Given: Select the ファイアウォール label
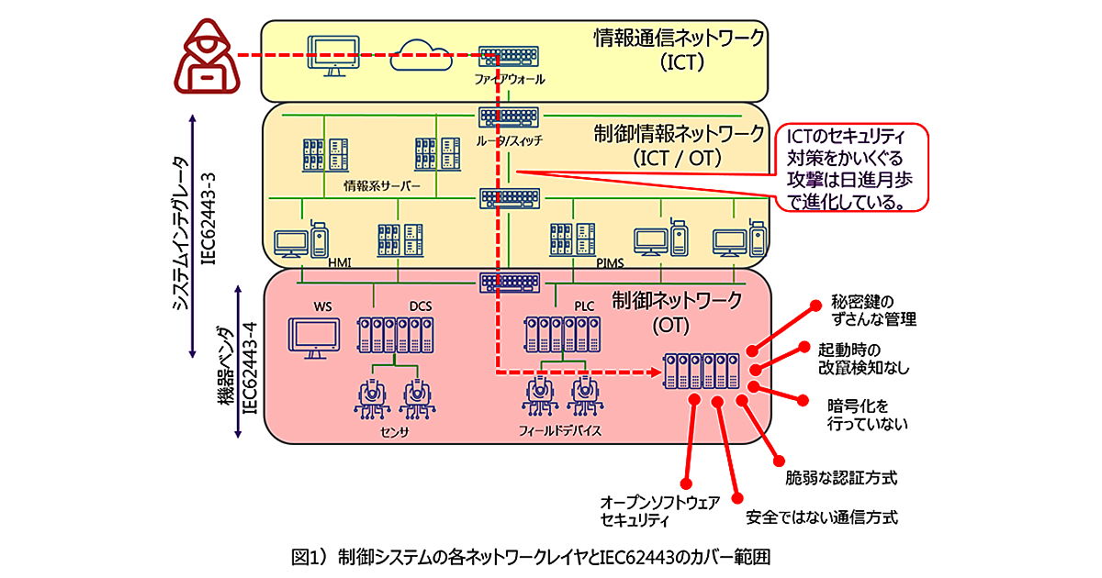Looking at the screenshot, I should pyautogui.click(x=509, y=80).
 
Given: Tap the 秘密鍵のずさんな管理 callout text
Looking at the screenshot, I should pyautogui.click(x=873, y=311).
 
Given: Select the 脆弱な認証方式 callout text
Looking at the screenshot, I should pyautogui.click(x=840, y=478).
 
